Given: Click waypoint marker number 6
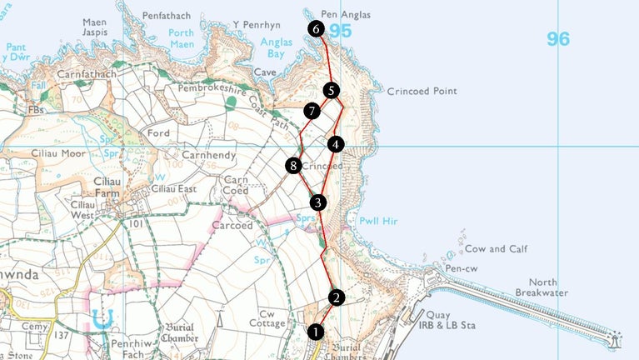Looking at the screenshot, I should click(x=315, y=28).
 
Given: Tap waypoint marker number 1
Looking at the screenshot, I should click(x=315, y=332).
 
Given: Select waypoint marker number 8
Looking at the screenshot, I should click(x=292, y=166).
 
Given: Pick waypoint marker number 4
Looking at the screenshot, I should click(x=335, y=144).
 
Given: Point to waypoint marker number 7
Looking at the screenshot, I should click(x=312, y=111).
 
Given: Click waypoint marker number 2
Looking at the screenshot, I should click(x=336, y=297).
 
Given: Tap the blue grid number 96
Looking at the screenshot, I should click(x=558, y=38).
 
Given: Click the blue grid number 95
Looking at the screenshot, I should click(x=340, y=32).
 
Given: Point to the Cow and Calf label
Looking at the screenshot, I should click(x=497, y=248).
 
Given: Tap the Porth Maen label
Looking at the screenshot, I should click(x=181, y=38).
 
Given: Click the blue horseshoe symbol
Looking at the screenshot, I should click(x=103, y=317).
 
